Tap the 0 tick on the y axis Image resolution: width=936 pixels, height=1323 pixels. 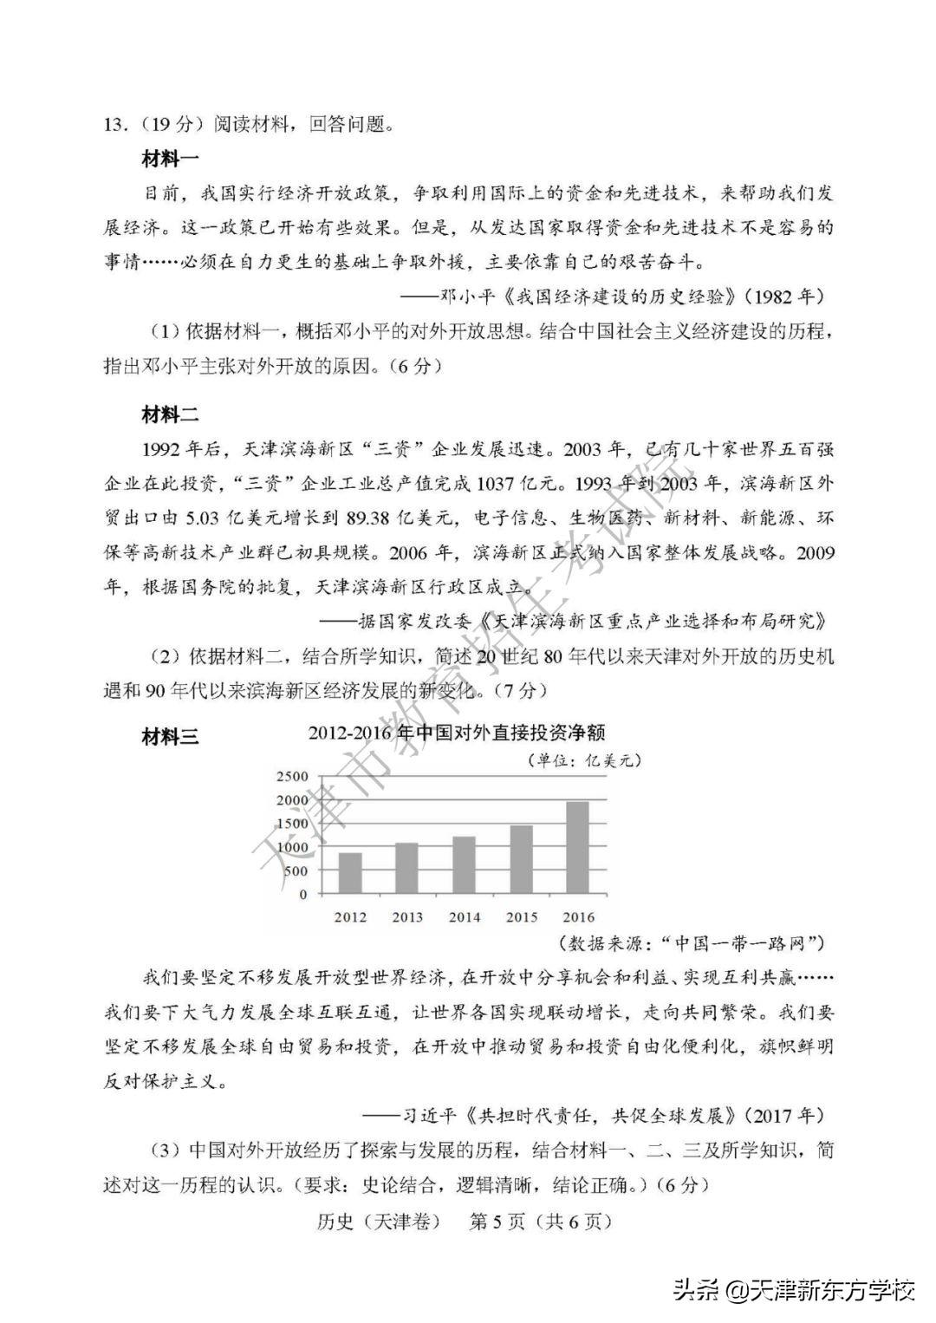pos(302,894)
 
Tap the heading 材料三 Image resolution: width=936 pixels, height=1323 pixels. pos(170,737)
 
